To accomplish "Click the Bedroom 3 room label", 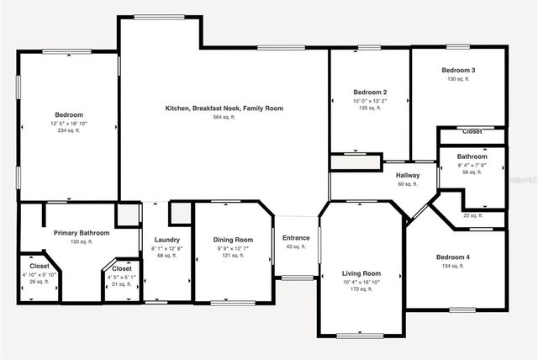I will tap(459, 71).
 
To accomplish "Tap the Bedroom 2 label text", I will tap(370, 92).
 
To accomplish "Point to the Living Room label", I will tap(361, 273).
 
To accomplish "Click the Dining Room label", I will tap(233, 240).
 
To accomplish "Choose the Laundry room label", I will tap(167, 240).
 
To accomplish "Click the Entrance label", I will tap(296, 237).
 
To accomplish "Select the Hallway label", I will tap(408, 175).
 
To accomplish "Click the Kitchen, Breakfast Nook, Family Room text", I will tap(224, 109).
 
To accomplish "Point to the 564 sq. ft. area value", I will tap(224, 117).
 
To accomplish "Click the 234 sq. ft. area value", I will tap(68, 130).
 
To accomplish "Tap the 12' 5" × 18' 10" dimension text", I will tap(68, 123).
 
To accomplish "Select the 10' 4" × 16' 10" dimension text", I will tap(361, 282).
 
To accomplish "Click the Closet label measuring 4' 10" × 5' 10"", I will tap(40, 267).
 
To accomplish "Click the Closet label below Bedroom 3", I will tap(472, 132).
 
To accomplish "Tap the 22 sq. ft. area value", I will tap(472, 215).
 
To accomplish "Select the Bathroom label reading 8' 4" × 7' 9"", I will tap(472, 156).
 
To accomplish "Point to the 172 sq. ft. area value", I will tap(361, 289).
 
